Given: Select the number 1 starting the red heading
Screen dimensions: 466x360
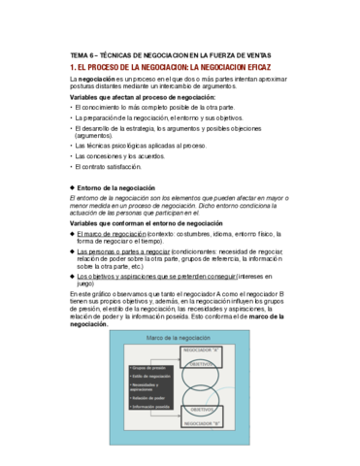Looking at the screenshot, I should click(60, 69).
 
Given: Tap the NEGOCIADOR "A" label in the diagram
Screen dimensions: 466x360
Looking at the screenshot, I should click(201, 349).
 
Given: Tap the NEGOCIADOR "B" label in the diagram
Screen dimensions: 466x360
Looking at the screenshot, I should click(201, 422).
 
